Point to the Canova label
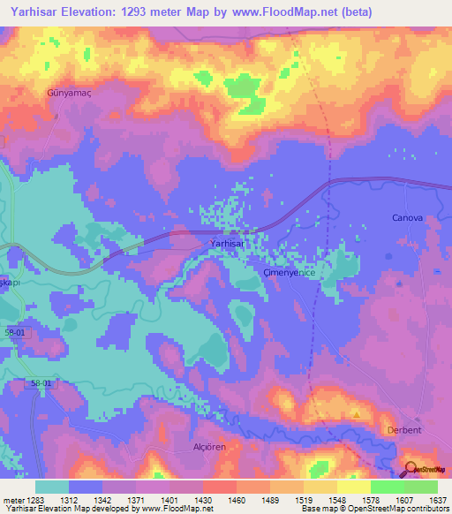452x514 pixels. tap(407, 217)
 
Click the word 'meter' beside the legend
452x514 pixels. tap(14, 499)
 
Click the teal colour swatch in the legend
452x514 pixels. tap(51, 486)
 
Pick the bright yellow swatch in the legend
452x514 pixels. tap(353, 486)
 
